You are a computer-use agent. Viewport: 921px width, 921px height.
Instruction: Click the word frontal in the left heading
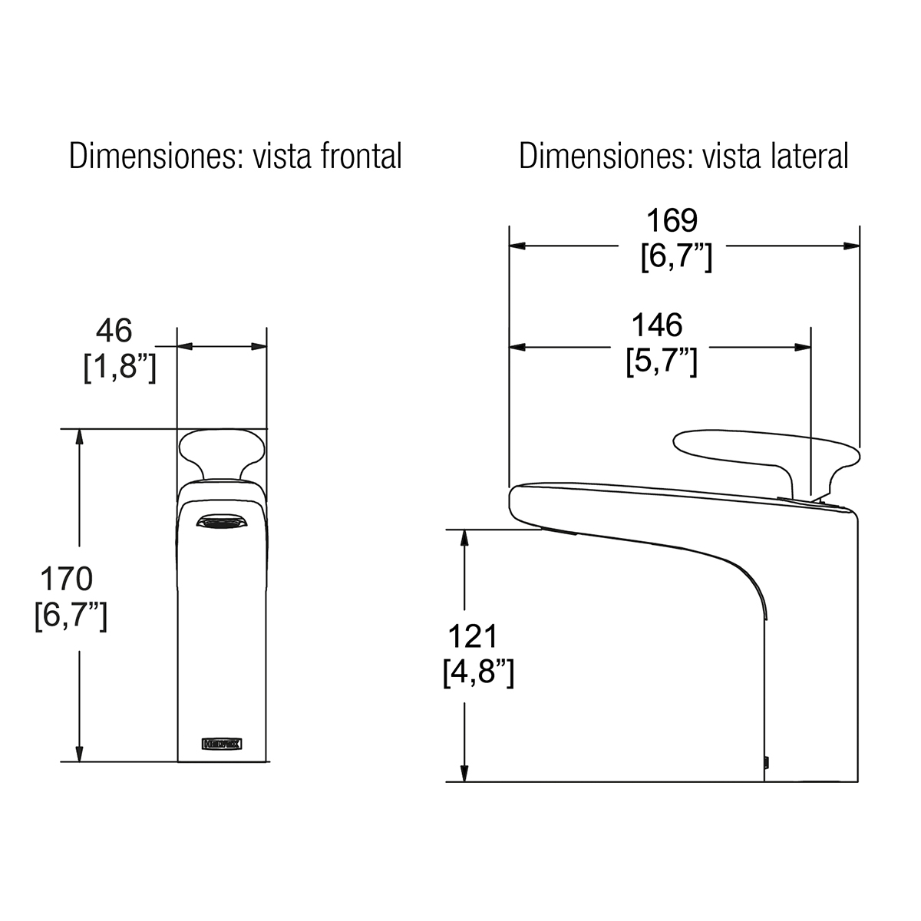tap(361, 157)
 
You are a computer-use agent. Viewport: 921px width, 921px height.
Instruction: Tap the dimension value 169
tap(672, 220)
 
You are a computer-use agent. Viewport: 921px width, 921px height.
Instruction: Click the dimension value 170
tap(67, 579)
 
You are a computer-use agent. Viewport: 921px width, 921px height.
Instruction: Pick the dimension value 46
tap(114, 330)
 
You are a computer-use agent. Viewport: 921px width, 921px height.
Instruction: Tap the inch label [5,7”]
tap(662, 361)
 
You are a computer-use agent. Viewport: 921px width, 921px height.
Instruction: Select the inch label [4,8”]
tap(478, 673)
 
